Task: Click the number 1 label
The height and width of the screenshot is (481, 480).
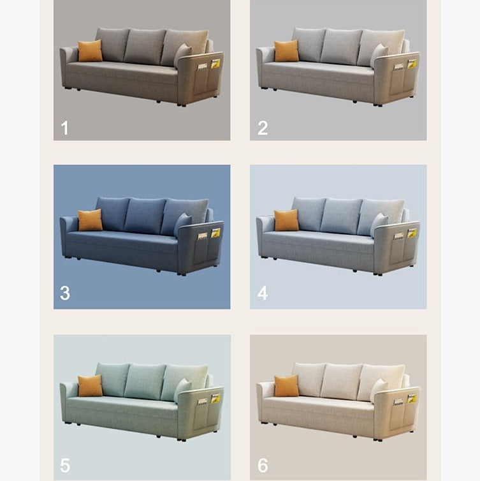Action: coord(64,128)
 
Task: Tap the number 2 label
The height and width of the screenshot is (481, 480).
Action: coord(263,128)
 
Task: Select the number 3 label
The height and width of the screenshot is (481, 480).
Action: coord(65,293)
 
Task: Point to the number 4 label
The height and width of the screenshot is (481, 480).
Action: coord(263,293)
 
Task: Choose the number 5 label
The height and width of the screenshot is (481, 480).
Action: coord(65,465)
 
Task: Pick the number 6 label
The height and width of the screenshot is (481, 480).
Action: coord(263,465)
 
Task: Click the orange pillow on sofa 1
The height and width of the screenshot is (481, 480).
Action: coord(90,50)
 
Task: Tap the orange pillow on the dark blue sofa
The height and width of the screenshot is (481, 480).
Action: coord(90,220)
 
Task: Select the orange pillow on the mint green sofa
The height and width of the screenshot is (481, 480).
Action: coord(90,385)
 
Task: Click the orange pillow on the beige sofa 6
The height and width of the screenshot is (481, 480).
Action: coord(286,385)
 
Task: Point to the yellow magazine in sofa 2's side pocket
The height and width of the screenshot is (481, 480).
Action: coord(412,64)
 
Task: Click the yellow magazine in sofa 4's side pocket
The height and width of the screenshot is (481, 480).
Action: coord(412,233)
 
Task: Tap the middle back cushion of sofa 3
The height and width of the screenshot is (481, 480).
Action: coord(145,216)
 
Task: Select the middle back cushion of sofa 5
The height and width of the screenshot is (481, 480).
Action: coord(145,382)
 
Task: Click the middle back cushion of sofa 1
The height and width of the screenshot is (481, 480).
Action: coord(145,47)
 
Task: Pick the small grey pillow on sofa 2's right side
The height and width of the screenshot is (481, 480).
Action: coord(379,56)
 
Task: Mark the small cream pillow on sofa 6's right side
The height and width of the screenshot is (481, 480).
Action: coord(379,390)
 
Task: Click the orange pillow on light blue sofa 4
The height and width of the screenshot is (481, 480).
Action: coord(286,220)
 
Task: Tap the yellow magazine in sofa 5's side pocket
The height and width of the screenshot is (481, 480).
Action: coord(215,399)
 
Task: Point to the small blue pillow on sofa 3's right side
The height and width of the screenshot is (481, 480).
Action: coord(183,225)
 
